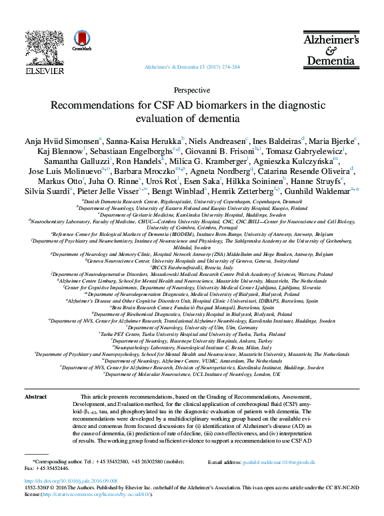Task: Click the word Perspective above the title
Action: (x=191, y=90)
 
